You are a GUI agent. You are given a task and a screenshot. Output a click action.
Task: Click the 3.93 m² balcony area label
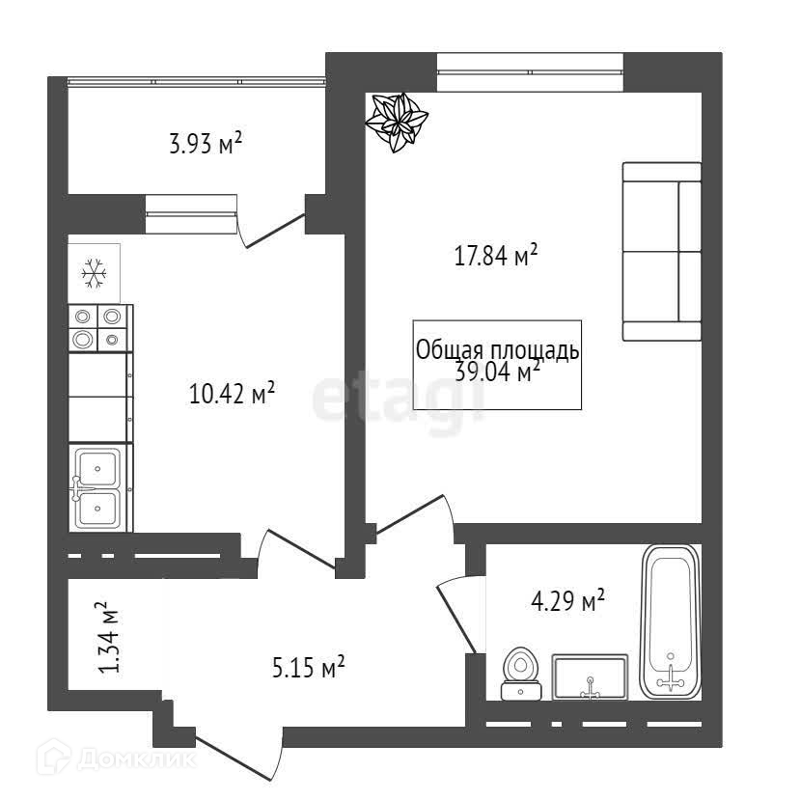[x=205, y=146]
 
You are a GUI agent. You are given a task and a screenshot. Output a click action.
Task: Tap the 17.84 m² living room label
[x=495, y=257]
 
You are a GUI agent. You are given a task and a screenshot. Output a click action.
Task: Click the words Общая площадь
[x=497, y=349]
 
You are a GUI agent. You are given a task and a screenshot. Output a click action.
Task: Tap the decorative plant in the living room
[x=397, y=122]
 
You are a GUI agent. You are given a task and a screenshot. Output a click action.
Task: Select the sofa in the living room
[x=661, y=251]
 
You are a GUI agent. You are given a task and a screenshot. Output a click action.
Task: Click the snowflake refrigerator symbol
[x=94, y=273]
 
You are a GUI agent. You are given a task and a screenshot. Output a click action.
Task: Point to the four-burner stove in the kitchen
[x=98, y=327]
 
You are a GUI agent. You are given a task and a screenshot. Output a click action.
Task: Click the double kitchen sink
[x=97, y=487]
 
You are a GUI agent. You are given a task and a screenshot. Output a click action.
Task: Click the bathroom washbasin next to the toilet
[x=590, y=676]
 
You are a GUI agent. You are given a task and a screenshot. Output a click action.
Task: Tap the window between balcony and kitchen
[x=190, y=212]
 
